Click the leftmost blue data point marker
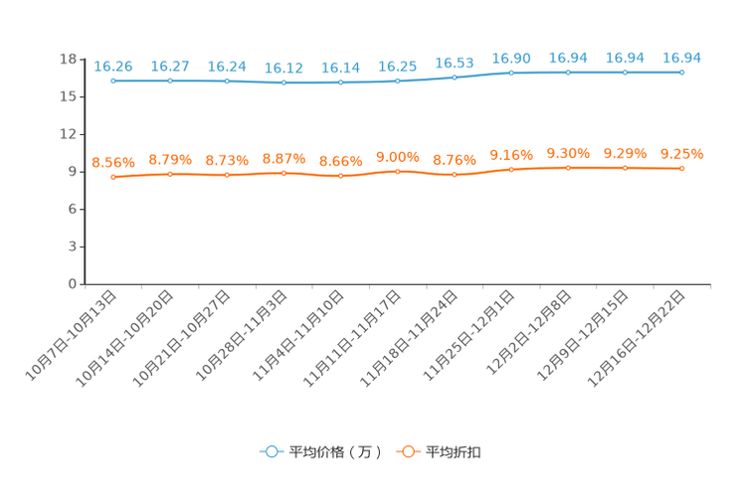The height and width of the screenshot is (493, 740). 113,81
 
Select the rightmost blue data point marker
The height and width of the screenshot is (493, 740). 682,73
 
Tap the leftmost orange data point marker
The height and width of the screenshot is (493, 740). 113,177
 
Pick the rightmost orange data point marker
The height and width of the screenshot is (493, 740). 682,169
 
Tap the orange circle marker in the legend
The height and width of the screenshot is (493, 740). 408,451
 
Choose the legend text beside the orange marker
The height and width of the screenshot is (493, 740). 454,452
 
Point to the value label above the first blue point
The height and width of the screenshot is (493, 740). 113,67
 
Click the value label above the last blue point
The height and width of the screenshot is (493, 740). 682,59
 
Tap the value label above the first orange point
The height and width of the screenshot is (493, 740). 113,162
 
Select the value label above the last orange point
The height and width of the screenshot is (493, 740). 682,154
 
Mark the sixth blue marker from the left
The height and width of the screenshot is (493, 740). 398,81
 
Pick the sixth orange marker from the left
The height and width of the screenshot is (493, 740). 398,172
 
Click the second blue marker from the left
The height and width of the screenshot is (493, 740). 170,81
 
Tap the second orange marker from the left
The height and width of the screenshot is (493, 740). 170,175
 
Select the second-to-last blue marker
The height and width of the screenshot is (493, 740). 625,73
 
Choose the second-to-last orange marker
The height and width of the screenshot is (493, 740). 625,169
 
